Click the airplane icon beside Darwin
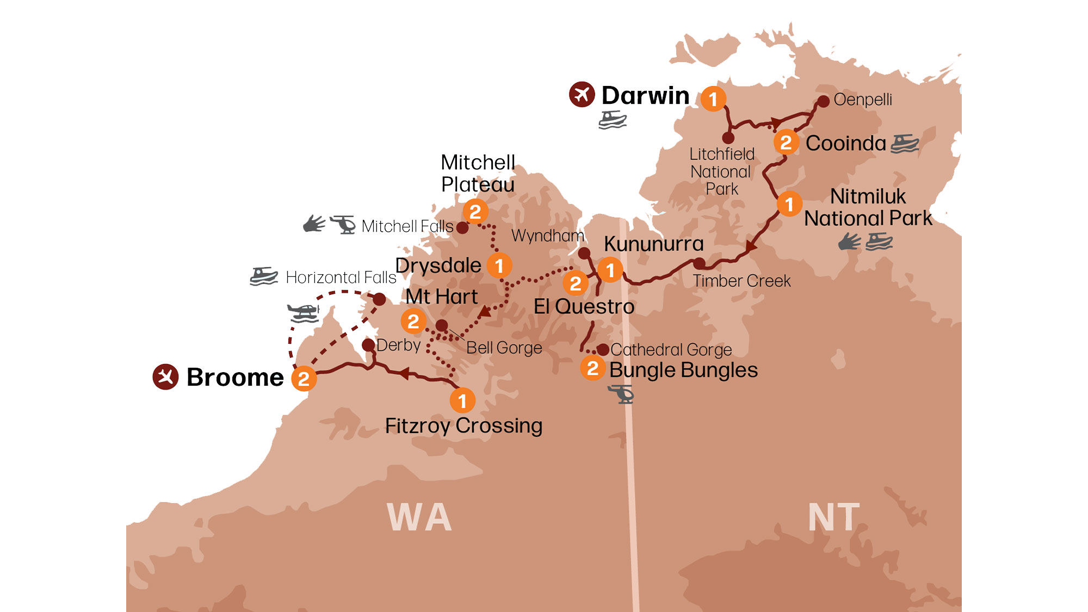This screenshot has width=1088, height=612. click(582, 95)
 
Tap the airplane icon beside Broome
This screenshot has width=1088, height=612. click(165, 376)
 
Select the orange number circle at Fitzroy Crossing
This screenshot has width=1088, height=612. click(462, 401)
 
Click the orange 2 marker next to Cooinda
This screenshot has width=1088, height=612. click(786, 143)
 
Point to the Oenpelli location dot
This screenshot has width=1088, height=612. click(823, 101)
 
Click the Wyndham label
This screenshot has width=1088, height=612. click(547, 236)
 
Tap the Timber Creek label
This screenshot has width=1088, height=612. click(741, 281)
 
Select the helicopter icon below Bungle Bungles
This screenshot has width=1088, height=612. click(621, 393)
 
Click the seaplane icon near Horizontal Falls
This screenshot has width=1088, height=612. click(303, 313)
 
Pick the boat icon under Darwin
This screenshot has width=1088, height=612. click(613, 120)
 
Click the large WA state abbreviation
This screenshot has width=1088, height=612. click(419, 517)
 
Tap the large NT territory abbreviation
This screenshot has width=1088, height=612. click(833, 517)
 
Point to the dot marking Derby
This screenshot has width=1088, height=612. click(368, 345)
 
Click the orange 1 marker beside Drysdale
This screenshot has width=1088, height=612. click(499, 265)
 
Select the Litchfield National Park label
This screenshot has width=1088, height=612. click(722, 171)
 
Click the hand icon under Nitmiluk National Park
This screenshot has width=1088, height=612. click(849, 241)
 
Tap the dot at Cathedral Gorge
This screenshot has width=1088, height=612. click(603, 349)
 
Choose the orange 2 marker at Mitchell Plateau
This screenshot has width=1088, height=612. click(475, 212)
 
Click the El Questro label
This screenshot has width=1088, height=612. click(584, 306)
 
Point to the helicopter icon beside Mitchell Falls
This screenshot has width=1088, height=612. click(343, 224)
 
